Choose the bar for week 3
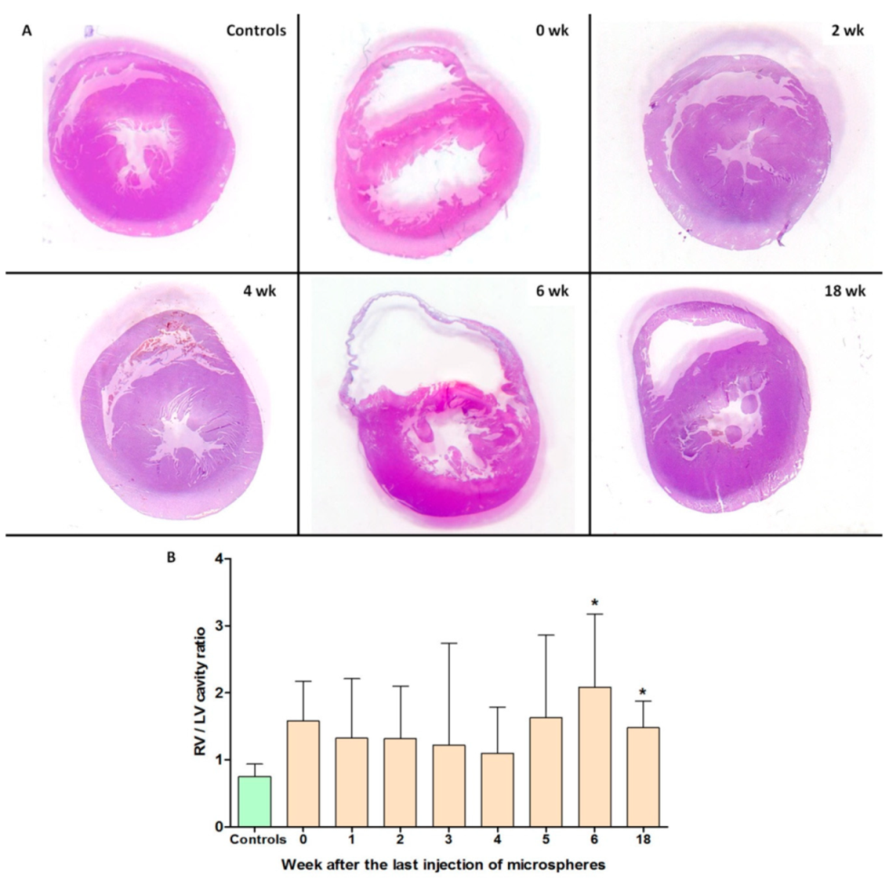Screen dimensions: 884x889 (449, 785)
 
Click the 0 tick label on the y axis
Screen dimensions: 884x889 (218, 827)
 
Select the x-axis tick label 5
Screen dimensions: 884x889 (546, 840)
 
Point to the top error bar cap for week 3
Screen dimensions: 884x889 (449, 643)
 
